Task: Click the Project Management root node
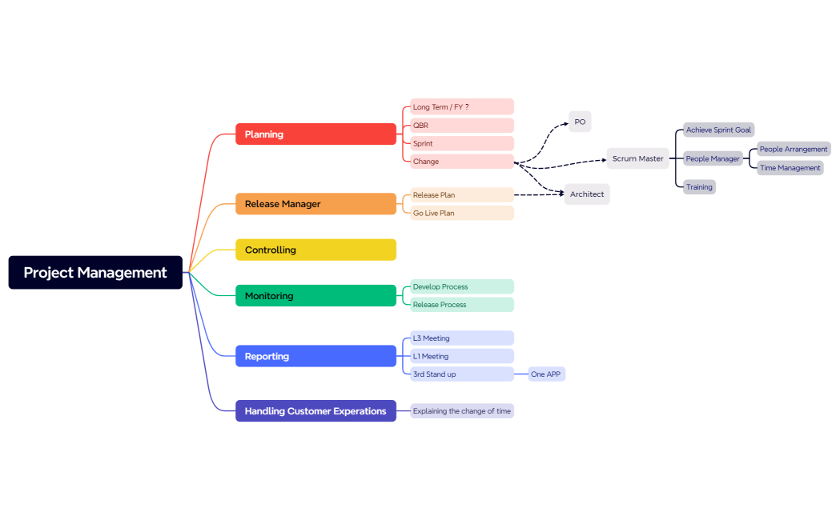tap(95, 273)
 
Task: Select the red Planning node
tap(316, 134)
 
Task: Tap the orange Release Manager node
tap(316, 204)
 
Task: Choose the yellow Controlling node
tap(316, 250)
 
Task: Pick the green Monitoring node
tap(316, 296)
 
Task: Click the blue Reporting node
tap(316, 356)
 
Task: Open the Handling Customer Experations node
tap(316, 411)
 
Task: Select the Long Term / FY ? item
tap(461, 107)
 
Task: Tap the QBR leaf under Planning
tap(461, 126)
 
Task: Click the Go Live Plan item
tap(461, 214)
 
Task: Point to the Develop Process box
tap(461, 286)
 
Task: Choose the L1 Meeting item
tap(461, 356)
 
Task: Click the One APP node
tap(546, 374)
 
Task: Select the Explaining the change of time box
tap(461, 411)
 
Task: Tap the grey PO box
tap(580, 122)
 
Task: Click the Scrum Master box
tap(637, 158)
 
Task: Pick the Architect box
tap(587, 194)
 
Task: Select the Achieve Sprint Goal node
tap(718, 130)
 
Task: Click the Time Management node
tap(790, 168)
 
